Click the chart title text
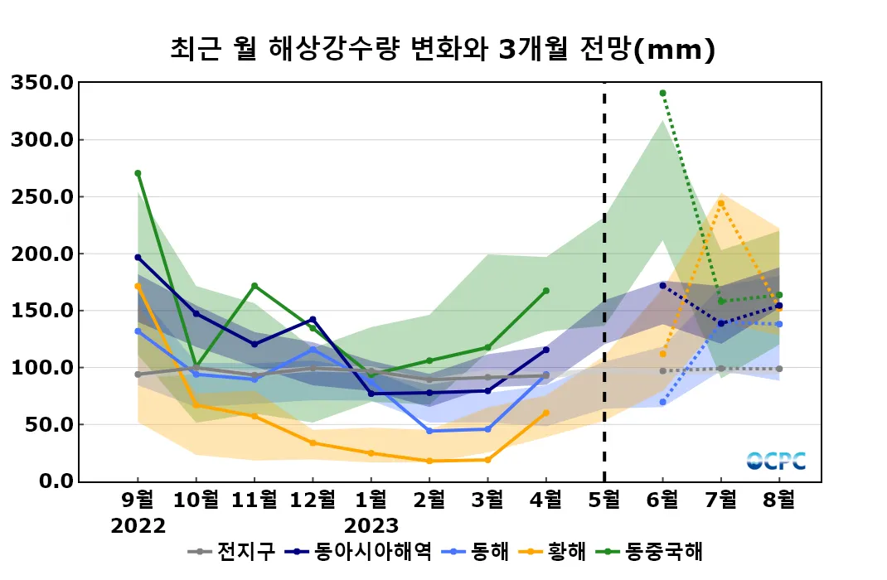point(443,49)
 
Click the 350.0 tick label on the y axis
point(42,83)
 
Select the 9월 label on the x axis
point(138,500)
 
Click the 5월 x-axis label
point(603,500)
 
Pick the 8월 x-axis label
point(778,500)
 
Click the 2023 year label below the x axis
point(371,526)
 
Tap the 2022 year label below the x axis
point(138,526)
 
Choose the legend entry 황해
point(567,551)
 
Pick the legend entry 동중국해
point(663,551)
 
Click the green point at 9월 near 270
point(138,173)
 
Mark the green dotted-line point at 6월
point(662,93)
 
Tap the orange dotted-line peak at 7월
point(721,203)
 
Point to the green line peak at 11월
point(254,286)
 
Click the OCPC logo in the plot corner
point(776,461)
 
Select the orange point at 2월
point(429,461)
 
